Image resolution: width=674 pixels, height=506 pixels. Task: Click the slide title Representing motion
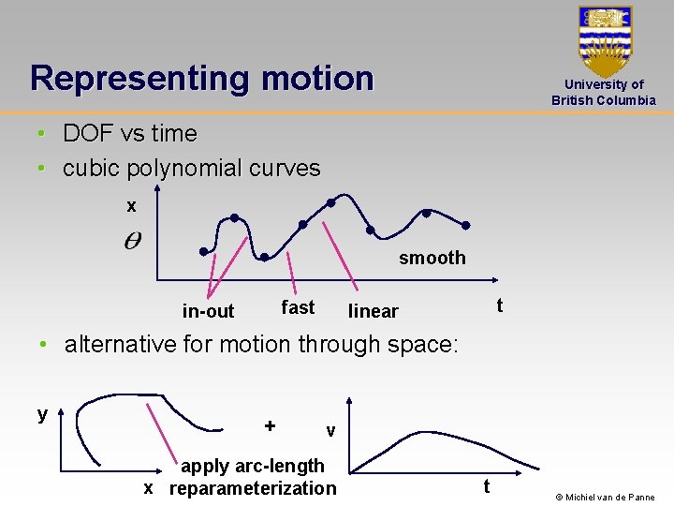(x=201, y=78)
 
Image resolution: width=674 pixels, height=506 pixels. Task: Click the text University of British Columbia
(x=604, y=92)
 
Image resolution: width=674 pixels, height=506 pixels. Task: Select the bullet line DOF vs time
(x=129, y=133)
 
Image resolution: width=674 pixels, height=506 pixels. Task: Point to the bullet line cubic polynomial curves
(x=191, y=168)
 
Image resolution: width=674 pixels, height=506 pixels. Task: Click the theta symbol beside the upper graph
(x=133, y=241)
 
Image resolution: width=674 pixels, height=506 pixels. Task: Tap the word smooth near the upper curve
(x=432, y=258)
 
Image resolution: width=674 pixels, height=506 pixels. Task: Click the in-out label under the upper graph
(x=208, y=311)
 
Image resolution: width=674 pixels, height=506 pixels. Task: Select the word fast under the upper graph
(x=298, y=307)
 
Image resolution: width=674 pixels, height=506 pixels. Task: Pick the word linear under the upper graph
(x=373, y=311)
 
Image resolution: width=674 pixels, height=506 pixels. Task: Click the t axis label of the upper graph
(x=499, y=305)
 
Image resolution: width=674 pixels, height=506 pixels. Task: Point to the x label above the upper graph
(x=131, y=205)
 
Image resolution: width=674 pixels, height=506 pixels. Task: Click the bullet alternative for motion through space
(x=260, y=344)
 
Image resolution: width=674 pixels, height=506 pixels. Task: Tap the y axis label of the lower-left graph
(x=42, y=413)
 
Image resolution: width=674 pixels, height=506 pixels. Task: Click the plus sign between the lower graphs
(x=270, y=425)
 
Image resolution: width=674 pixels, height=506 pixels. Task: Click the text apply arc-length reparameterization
(x=252, y=477)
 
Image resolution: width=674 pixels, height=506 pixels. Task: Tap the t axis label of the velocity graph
(x=485, y=486)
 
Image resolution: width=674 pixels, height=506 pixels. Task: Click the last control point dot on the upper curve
(x=466, y=225)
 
